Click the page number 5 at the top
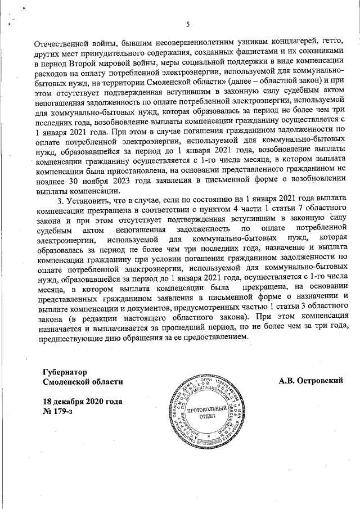[x=188, y=24]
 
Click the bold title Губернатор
[x=66, y=372]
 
